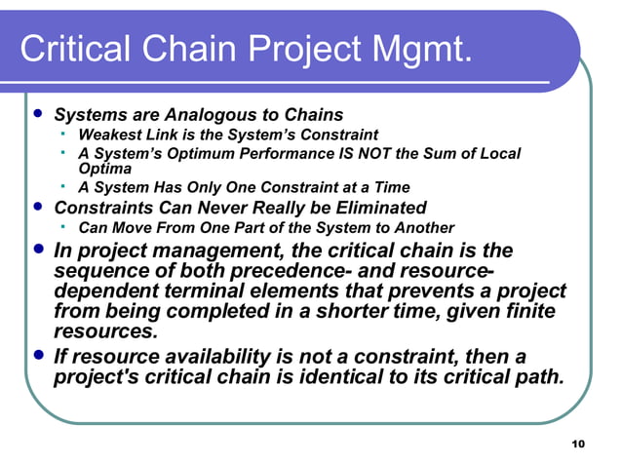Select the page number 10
577,445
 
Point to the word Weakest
106,135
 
